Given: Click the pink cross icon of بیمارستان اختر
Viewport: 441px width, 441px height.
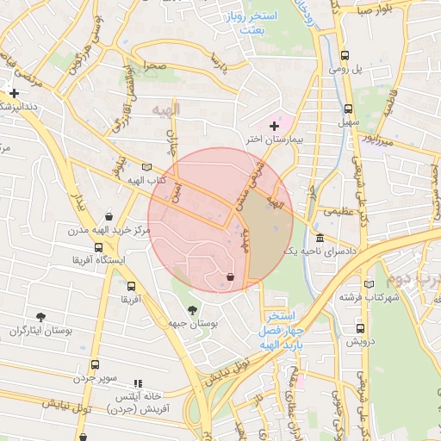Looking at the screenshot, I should pos(275,126).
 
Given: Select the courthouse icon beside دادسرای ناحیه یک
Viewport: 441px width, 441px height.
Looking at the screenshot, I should pos(320,238).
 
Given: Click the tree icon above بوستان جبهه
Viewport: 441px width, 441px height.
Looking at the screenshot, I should pos(191,310).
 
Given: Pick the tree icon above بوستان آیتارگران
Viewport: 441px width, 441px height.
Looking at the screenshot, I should pos(41,318).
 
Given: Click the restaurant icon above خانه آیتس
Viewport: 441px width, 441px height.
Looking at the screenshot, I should pos(137,382).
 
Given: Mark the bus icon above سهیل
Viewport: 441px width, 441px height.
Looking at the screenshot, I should pos(348,109).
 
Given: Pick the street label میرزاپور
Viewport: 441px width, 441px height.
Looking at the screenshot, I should pos(376,140).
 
